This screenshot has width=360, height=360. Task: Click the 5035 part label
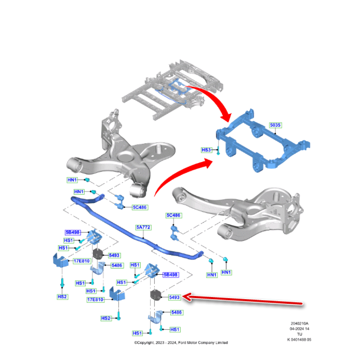(x=275, y=125)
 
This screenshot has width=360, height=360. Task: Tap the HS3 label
(x=206, y=150)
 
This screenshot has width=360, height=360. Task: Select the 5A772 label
(x=143, y=227)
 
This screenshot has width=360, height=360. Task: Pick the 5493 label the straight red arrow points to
(x=175, y=297)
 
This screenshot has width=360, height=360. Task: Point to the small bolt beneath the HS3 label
(x=219, y=153)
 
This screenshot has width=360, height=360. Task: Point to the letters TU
(x=299, y=334)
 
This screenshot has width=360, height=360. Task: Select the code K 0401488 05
(x=299, y=339)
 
